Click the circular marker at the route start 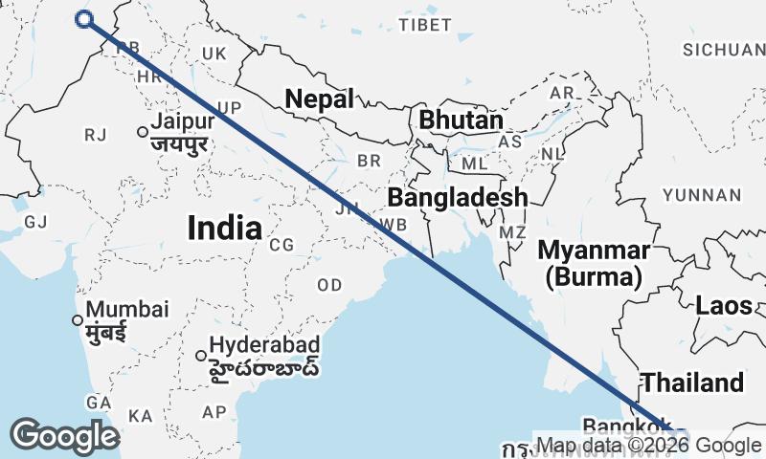(84, 19)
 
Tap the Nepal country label (320, 98)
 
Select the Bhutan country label (461, 121)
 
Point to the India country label (224, 228)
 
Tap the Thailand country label (691, 382)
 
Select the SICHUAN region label (724, 49)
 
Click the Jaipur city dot (143, 132)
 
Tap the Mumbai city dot (78, 319)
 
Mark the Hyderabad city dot (201, 356)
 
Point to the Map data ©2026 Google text (647, 445)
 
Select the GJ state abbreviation (35, 222)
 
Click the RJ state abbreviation (95, 136)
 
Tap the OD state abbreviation (329, 285)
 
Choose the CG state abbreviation (282, 245)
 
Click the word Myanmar (594, 251)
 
